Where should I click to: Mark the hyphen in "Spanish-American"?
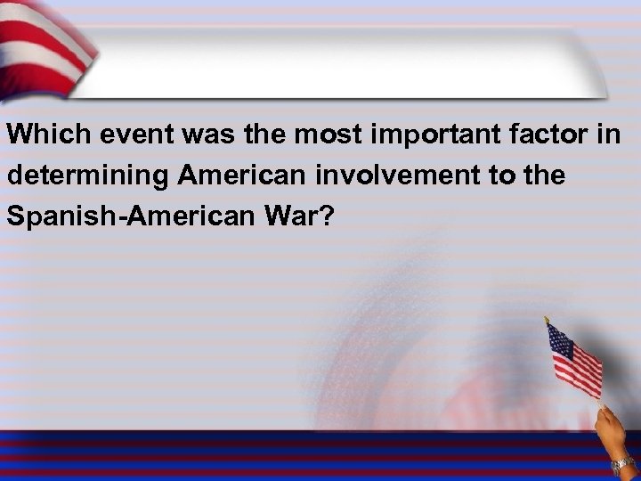coord(113,217)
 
